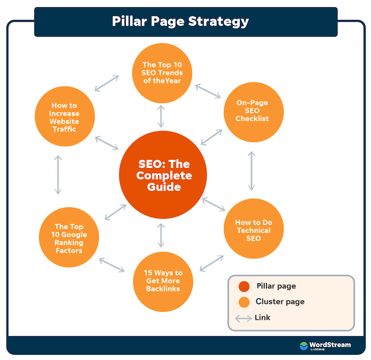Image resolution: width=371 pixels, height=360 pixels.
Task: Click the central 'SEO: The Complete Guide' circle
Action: (163, 175)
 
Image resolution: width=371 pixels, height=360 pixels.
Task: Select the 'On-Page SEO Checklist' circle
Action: (254, 112)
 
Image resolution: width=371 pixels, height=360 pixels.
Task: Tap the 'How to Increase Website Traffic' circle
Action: (65, 116)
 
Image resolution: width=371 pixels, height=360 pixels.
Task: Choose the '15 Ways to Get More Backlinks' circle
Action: (163, 282)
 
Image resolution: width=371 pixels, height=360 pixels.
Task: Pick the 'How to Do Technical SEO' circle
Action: (254, 228)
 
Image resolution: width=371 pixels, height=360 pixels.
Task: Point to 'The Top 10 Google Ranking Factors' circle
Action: (69, 237)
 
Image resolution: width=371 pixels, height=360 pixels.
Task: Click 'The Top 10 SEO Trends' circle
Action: (162, 73)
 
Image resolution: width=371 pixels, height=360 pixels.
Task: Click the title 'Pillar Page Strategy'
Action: (180, 21)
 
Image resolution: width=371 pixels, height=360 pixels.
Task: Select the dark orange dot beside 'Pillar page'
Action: (244, 286)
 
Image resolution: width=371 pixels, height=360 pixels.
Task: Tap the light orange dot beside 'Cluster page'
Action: (244, 302)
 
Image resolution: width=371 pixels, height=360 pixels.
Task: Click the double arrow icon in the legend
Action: (243, 318)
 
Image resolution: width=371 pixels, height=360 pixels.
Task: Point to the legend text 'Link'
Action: (262, 317)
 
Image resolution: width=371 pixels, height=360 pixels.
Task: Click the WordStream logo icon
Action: (303, 346)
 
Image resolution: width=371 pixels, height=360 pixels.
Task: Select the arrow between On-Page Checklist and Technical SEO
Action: (251, 171)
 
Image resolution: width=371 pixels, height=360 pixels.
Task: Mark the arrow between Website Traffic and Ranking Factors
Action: (58, 175)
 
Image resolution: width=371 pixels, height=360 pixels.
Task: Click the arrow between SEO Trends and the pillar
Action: (161, 116)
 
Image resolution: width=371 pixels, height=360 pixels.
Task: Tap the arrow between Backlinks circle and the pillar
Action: (161, 235)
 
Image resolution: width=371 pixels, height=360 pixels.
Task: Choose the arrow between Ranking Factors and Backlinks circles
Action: (112, 265)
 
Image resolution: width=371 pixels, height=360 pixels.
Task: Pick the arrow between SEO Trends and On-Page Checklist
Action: (208, 91)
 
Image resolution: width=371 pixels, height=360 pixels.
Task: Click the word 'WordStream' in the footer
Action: (330, 345)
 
